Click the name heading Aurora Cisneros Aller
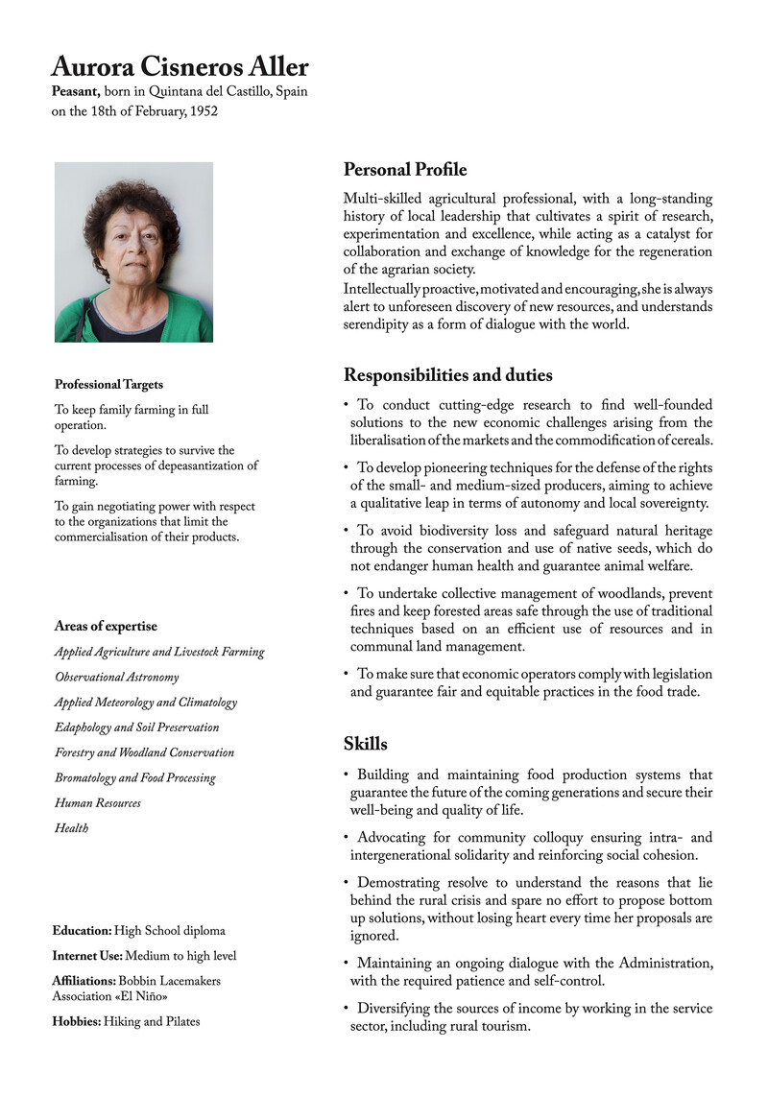coord(180,67)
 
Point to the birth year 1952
coord(203,111)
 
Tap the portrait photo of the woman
coord(133,251)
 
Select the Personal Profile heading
coord(405,170)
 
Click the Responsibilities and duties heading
coord(447,374)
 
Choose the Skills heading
coord(366,743)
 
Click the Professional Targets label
coord(108,384)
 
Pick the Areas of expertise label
coord(106,627)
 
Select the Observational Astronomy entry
coord(116,677)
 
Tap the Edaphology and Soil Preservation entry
coord(136,727)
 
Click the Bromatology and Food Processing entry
coord(134,777)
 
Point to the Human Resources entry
coord(97,802)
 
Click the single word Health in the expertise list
coord(71,827)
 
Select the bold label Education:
coord(82,931)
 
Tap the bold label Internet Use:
coord(87,956)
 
